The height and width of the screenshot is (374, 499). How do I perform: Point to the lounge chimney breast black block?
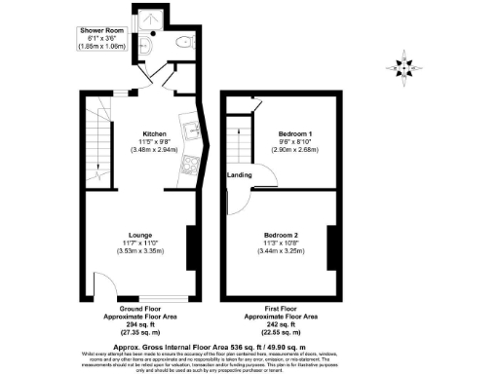(x=190, y=248)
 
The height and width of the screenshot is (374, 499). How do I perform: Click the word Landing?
(x=240, y=175)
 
